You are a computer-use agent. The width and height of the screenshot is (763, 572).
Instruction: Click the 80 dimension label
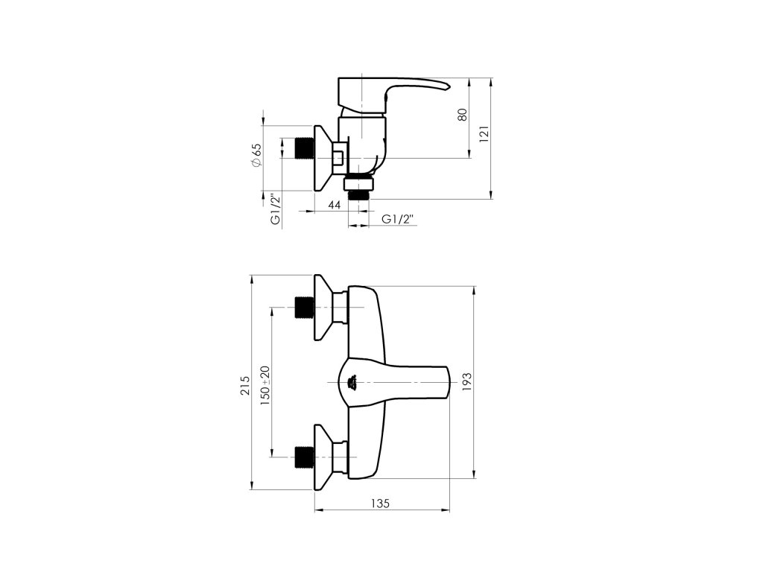click(x=462, y=115)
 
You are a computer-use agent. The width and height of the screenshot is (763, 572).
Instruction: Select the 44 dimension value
click(x=334, y=205)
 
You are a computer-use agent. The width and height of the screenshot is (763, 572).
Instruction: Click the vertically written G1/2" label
click(x=276, y=209)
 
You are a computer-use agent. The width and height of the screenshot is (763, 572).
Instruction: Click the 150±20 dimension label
click(x=265, y=386)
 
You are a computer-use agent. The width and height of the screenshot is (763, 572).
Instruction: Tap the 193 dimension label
click(x=466, y=382)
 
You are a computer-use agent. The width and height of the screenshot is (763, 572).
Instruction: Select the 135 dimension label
click(x=380, y=503)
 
